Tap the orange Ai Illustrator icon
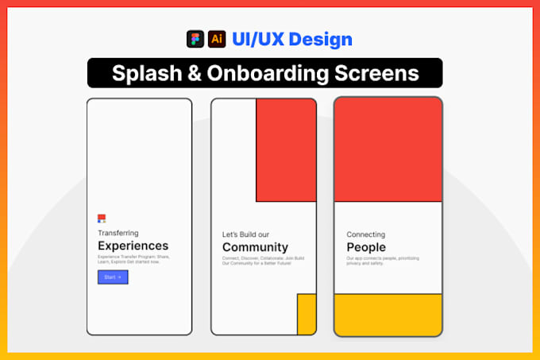(x=216, y=39)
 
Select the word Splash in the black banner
(x=143, y=73)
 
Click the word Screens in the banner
(x=378, y=73)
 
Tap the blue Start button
(x=113, y=277)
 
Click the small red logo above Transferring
(x=102, y=219)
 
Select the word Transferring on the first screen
(x=118, y=233)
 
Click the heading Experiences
(x=133, y=246)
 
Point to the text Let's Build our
(x=245, y=234)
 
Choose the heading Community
(x=255, y=247)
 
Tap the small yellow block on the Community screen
(x=307, y=314)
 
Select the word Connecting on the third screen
(x=365, y=234)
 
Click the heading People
(x=366, y=247)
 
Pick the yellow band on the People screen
(x=388, y=314)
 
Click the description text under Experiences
(x=133, y=259)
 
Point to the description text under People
(x=382, y=260)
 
